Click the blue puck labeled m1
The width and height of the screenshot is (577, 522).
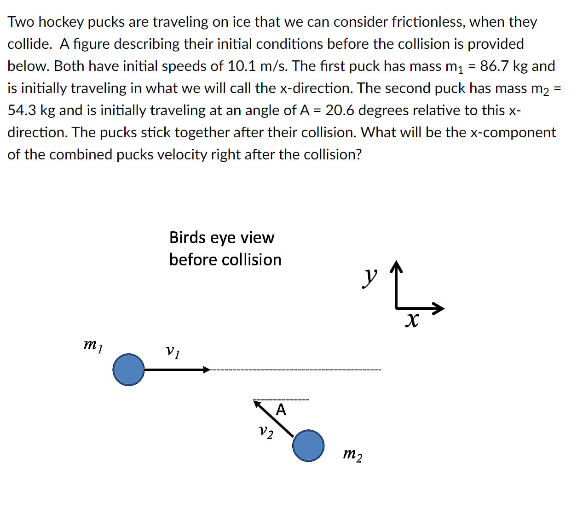[128, 370]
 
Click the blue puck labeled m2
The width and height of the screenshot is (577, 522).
[308, 446]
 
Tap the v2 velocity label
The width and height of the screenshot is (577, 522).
[265, 432]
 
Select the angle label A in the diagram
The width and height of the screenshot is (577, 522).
[281, 410]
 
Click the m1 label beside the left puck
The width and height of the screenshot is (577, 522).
[93, 345]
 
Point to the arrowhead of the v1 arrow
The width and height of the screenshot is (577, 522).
[207, 370]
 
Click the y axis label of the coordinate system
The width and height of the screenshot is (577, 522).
[369, 277]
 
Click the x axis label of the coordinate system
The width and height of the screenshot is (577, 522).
[412, 320]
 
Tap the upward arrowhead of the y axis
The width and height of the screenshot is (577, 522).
[396, 266]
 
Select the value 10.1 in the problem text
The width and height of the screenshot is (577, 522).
[242, 66]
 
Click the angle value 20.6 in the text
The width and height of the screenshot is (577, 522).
[340, 110]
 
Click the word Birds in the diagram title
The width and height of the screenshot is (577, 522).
[187, 237]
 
